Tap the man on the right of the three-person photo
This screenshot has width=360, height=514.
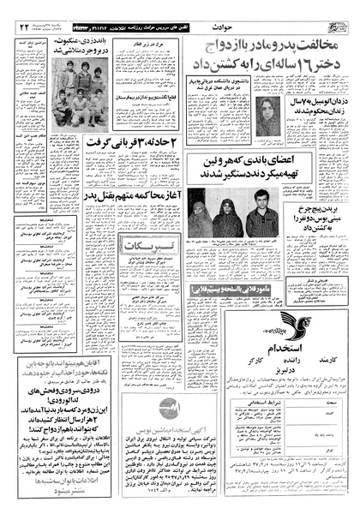click(x=262, y=218)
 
